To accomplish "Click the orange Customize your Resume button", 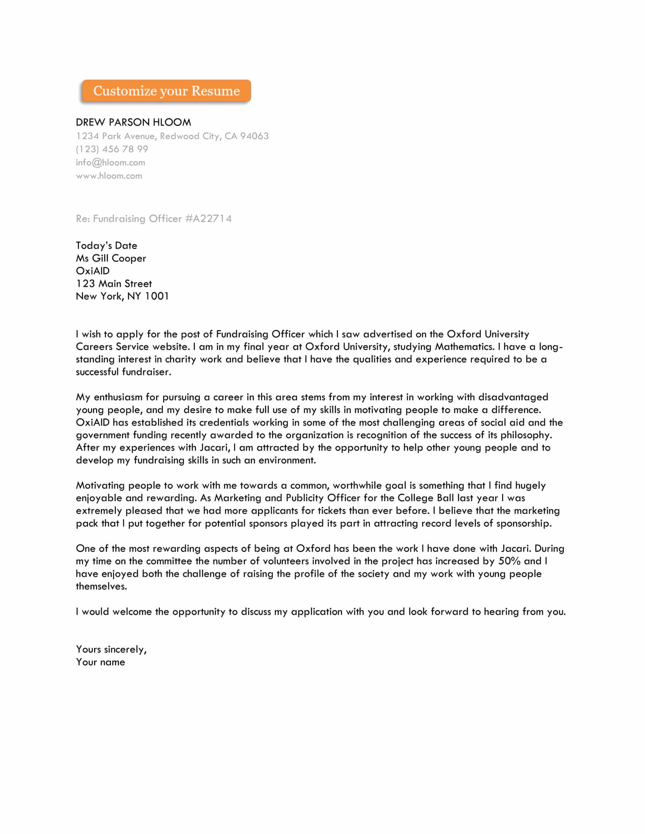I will click(x=166, y=91).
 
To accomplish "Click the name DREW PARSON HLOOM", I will click(x=133, y=122).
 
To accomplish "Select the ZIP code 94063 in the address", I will click(x=254, y=136).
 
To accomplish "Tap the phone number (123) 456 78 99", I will click(x=112, y=149).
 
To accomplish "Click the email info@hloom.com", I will click(x=110, y=163).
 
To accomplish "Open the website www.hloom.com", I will click(x=109, y=176).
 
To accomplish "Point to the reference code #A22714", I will click(x=208, y=219).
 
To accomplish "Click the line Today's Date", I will click(x=106, y=246).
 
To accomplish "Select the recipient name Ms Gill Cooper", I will click(x=111, y=259).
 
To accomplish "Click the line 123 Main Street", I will click(x=114, y=284).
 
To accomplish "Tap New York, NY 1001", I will click(x=122, y=296).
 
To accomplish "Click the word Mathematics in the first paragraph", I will click(x=464, y=347).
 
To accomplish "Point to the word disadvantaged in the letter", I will click(x=513, y=397).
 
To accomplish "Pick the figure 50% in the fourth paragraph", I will click(x=509, y=561).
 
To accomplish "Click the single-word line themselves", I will click(x=101, y=586).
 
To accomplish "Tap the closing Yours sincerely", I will click(x=111, y=649).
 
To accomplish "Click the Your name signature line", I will click(x=101, y=662).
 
